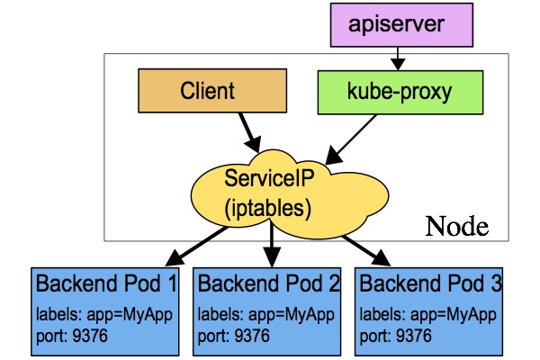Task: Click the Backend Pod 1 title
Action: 106,285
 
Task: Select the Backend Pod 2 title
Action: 268,285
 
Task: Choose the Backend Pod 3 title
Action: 428,285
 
